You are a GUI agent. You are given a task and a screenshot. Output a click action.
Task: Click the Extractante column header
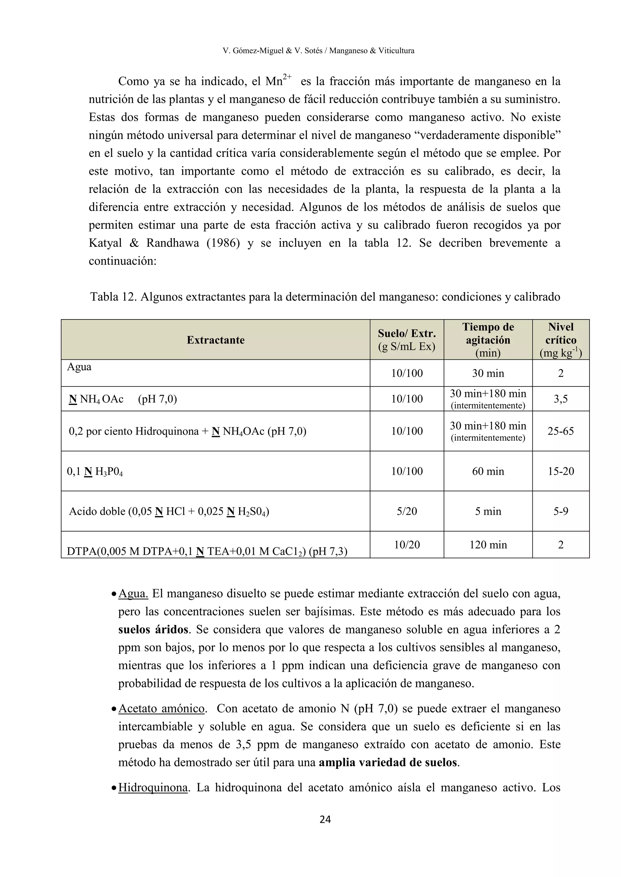[215, 340]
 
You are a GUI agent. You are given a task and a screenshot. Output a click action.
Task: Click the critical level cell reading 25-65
[561, 431]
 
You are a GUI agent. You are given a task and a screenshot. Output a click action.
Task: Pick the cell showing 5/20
[407, 511]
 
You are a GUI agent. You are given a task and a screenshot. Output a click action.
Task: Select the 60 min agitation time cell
[488, 471]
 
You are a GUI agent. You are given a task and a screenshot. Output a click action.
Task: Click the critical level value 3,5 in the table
[561, 399]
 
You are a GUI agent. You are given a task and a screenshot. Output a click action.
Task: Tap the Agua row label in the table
[79, 367]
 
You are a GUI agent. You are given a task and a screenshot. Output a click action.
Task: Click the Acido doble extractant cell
[169, 511]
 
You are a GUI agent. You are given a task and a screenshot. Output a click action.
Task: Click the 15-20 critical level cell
[561, 471]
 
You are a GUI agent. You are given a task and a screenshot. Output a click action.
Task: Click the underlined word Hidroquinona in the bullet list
[153, 787]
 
